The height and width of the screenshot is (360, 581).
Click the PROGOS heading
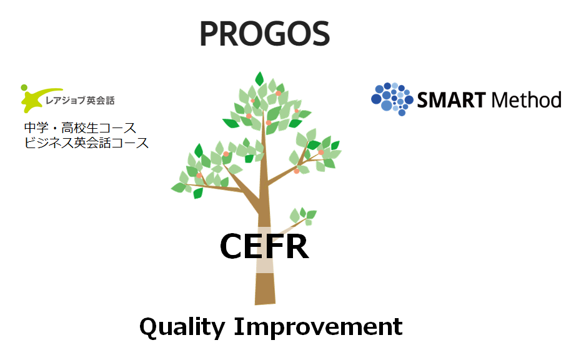pos(264,34)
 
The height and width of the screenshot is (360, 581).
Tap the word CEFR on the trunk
pos(264,246)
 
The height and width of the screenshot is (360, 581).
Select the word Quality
pos(182,327)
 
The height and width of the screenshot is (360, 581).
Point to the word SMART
pos(451,100)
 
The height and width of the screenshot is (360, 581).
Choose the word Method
pos(526,100)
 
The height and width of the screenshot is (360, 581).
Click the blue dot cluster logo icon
pos(392,99)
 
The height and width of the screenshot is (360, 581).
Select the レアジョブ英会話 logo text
pos(80,101)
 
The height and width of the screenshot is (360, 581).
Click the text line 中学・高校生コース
pos(80,128)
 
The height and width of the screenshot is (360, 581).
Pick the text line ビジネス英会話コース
pos(86,142)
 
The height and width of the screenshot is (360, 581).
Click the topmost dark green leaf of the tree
pos(259,79)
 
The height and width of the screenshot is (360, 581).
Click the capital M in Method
pos(500,100)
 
